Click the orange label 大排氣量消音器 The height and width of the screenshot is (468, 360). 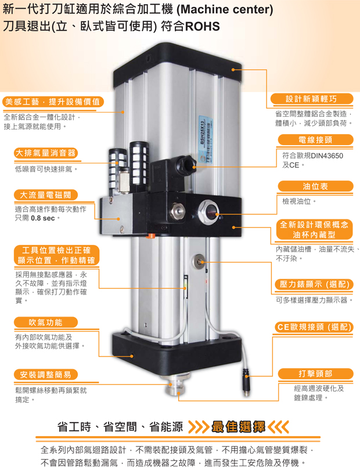coord(46,153)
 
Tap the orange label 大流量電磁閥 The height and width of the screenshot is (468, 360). coord(46,195)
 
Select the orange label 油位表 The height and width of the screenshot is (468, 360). coord(315,186)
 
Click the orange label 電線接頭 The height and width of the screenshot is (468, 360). coord(315,140)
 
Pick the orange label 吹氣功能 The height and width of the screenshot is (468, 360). coord(46,322)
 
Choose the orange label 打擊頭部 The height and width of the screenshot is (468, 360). coord(315,373)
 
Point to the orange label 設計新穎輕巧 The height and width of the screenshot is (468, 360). coord(311,99)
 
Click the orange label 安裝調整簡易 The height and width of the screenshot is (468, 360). coord(46,375)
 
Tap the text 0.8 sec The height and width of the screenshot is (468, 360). coord(43,218)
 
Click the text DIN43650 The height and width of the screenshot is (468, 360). coord(326,156)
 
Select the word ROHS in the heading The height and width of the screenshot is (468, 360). coord(203,27)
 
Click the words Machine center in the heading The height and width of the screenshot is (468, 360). coord(225,9)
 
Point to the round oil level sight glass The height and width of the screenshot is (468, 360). coord(209,211)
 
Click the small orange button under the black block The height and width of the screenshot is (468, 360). coord(151,236)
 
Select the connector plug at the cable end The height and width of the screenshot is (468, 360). coord(246,382)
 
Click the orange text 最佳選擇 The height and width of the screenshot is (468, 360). coord(238,427)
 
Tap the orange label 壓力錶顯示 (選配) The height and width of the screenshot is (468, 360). coord(314,284)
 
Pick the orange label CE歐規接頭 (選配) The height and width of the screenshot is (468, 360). coord(314,327)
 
